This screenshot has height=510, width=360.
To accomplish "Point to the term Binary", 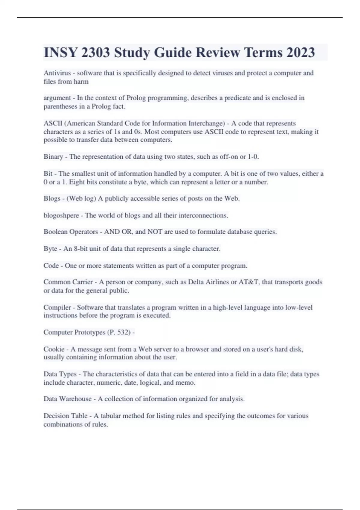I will click(53, 157).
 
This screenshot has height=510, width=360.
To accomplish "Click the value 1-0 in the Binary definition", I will click(253, 157).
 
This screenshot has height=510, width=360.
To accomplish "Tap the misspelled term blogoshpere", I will click(61, 215).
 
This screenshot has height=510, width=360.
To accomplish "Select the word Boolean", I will click(55, 232).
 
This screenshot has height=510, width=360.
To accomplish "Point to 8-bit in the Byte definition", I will click(81, 249).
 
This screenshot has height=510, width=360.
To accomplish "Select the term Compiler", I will click(57, 307).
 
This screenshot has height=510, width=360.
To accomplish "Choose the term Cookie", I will click(54, 349).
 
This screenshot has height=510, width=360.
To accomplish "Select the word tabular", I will click(110, 416).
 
